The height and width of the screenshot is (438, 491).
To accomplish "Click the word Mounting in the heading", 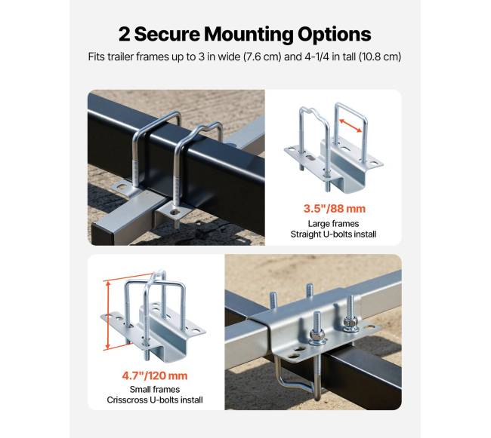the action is [x=249, y=35].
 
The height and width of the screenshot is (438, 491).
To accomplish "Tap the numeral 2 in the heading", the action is [x=125, y=34].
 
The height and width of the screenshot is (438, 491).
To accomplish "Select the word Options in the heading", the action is [x=335, y=35].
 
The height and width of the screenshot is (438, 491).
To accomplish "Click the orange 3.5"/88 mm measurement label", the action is [x=335, y=208].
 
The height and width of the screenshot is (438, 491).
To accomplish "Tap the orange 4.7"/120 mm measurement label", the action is [x=155, y=375].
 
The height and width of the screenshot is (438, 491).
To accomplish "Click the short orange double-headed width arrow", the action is [x=350, y=126].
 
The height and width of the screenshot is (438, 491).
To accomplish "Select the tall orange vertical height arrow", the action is [x=108, y=315].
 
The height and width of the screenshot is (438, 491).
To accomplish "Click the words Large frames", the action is [x=333, y=224].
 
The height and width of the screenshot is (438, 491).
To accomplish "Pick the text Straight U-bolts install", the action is [x=333, y=234].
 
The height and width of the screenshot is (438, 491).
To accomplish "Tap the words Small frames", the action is [x=155, y=390].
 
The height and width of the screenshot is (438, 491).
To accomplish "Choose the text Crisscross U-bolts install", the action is [x=155, y=400].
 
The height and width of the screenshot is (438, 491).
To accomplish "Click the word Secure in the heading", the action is [x=167, y=34].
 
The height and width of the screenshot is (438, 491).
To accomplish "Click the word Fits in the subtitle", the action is [x=97, y=57].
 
